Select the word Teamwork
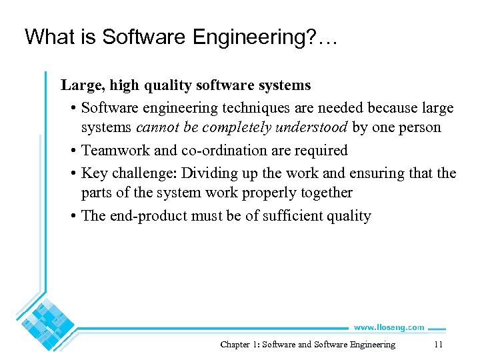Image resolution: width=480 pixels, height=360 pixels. [x=116, y=151]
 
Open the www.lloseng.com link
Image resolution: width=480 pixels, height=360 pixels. [x=389, y=327]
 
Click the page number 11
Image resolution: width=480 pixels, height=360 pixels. [x=438, y=345]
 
